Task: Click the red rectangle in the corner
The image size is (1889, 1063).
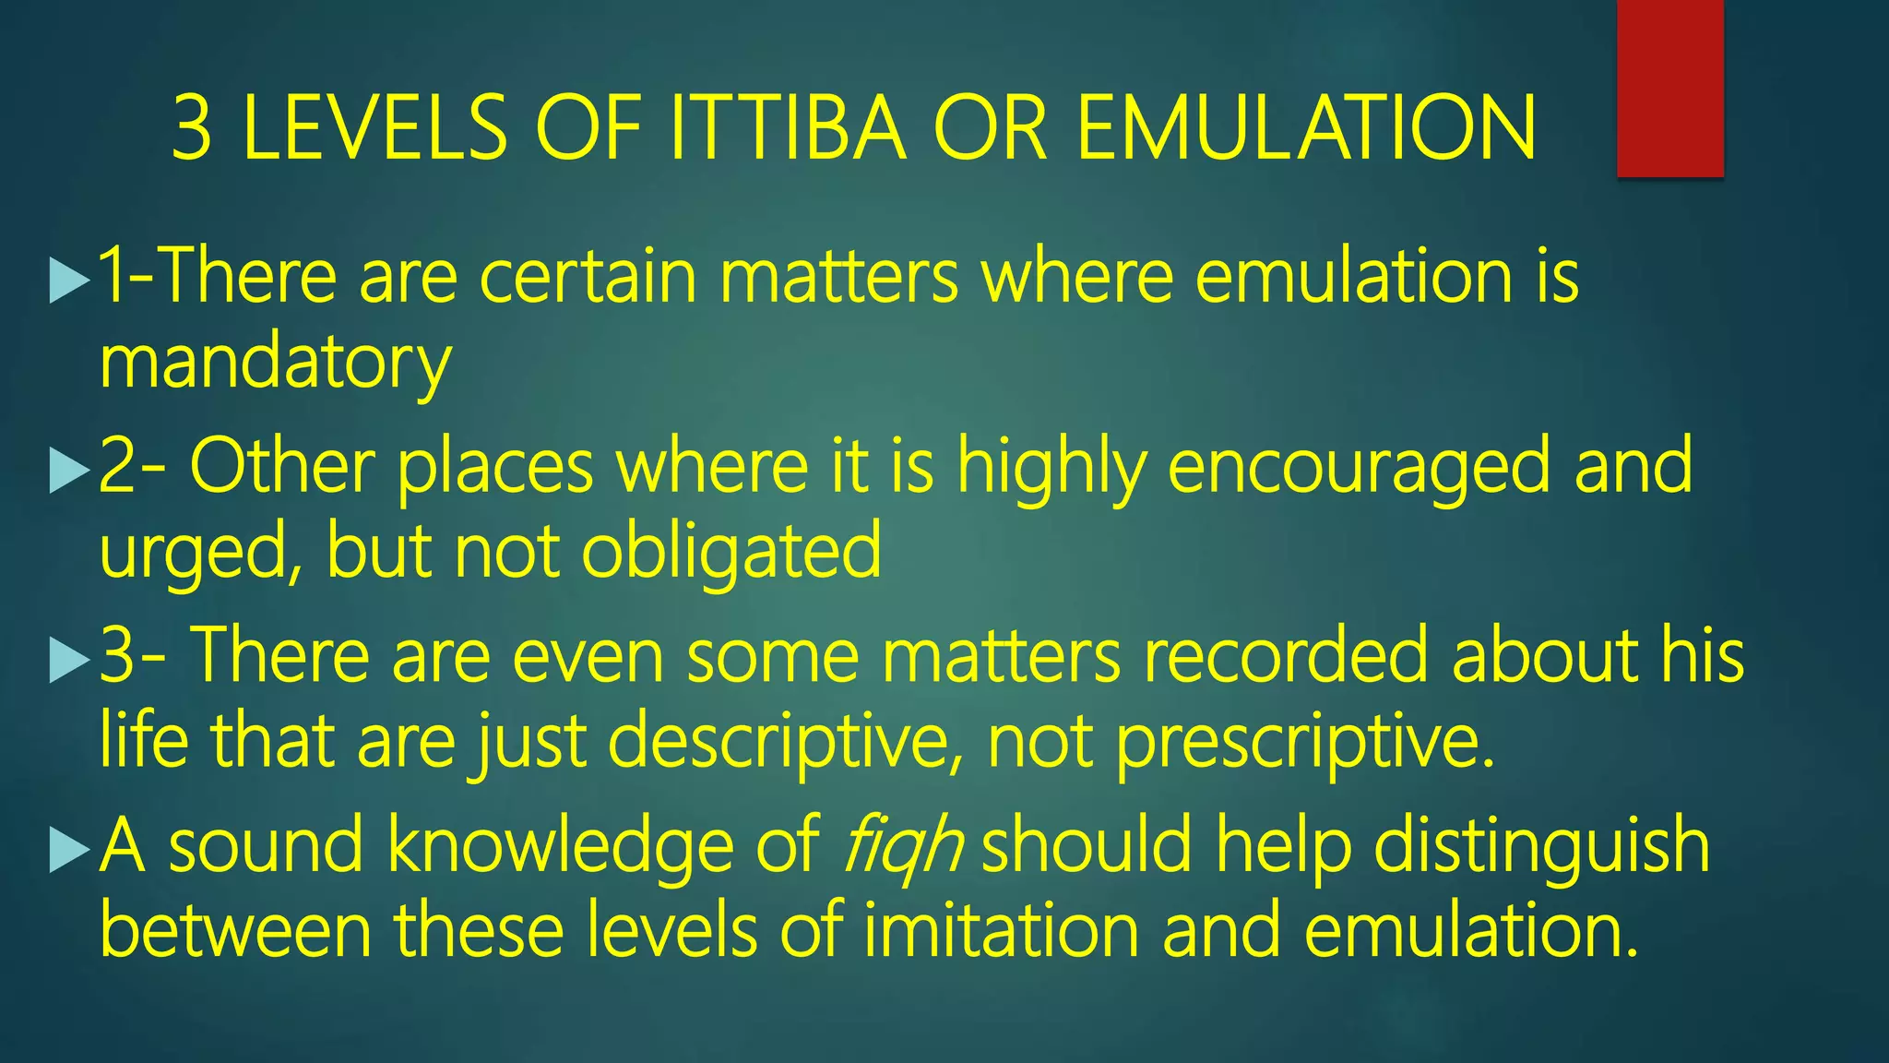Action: pos(1669,88)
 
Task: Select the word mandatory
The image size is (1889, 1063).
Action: pos(275,363)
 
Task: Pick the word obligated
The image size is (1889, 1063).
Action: pos(731,552)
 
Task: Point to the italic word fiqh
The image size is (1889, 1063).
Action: pos(902,846)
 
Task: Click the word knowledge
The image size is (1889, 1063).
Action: pos(560,846)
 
